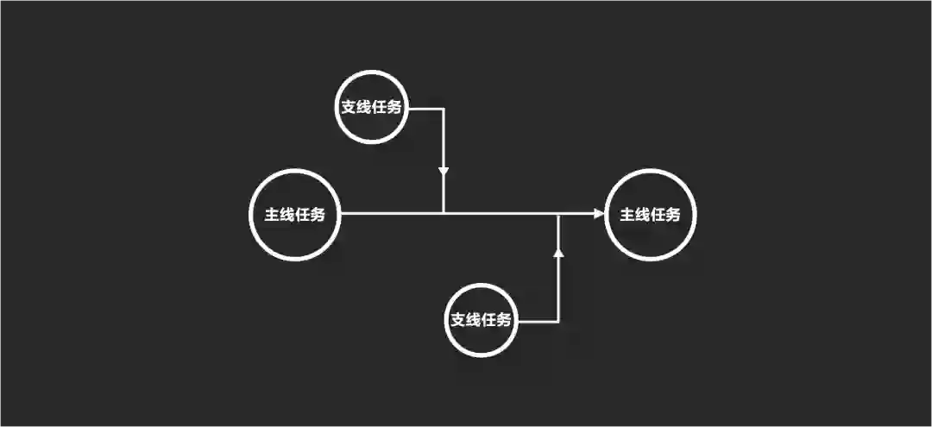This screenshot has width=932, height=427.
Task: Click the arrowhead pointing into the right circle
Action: point(600,214)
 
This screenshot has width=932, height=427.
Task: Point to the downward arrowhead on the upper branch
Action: point(444,171)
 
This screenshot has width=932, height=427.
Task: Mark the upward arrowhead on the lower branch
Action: point(558,251)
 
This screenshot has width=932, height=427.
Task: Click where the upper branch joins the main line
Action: point(444,213)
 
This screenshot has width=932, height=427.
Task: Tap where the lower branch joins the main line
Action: point(558,214)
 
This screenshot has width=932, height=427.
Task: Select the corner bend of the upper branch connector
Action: point(444,109)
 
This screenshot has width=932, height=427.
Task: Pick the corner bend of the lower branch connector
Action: point(558,322)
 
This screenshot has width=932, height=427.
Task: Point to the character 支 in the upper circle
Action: point(348,109)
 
